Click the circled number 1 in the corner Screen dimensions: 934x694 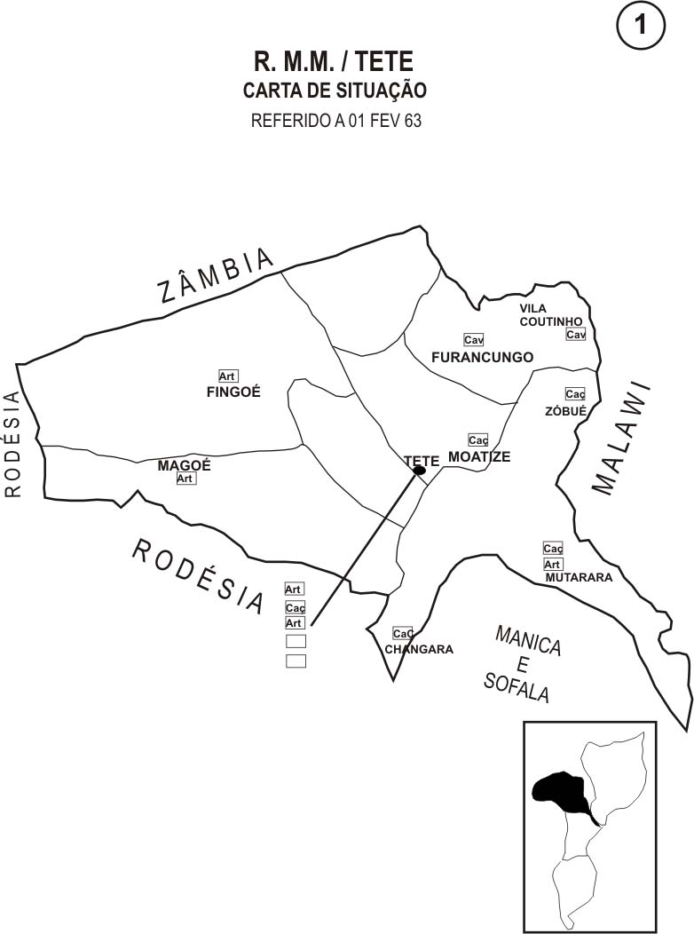tap(640, 28)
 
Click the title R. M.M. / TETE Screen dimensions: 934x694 tap(334, 61)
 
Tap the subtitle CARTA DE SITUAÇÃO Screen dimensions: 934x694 tap(335, 91)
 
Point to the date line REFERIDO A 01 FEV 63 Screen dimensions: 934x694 tap(336, 121)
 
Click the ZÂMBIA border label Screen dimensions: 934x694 tap(217, 276)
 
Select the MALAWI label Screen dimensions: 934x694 tap(620, 439)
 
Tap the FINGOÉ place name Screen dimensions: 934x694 tap(233, 392)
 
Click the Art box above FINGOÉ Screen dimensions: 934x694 tap(228, 376)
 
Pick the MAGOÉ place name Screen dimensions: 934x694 tap(184, 465)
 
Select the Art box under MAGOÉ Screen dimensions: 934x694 tap(185, 479)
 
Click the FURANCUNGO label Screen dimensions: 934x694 tap(482, 357)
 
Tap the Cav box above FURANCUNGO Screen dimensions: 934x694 tap(473, 340)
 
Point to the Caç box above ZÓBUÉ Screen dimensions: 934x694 tap(575, 394)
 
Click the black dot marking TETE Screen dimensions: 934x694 tap(419, 471)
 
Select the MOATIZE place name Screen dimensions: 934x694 tap(479, 456)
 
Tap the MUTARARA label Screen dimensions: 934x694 tap(579, 577)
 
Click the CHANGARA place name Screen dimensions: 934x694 tap(419, 649)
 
